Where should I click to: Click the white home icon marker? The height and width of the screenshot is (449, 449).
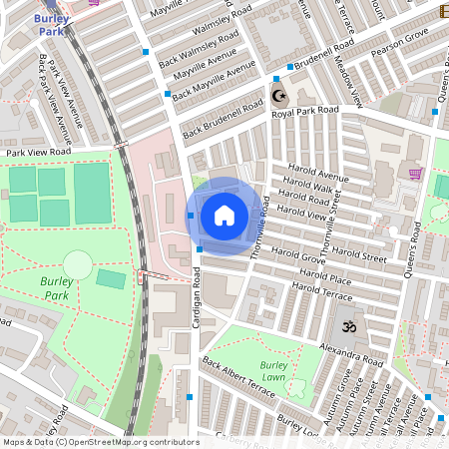pyautogui.click(x=224, y=215)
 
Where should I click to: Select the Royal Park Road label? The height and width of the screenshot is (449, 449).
pyautogui.click(x=305, y=112)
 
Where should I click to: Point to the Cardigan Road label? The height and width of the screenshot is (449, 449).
pyautogui.click(x=198, y=298)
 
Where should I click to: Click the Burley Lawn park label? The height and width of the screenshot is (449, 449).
pyautogui.click(x=273, y=371)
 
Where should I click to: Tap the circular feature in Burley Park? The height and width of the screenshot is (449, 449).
pyautogui.click(x=77, y=265)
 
